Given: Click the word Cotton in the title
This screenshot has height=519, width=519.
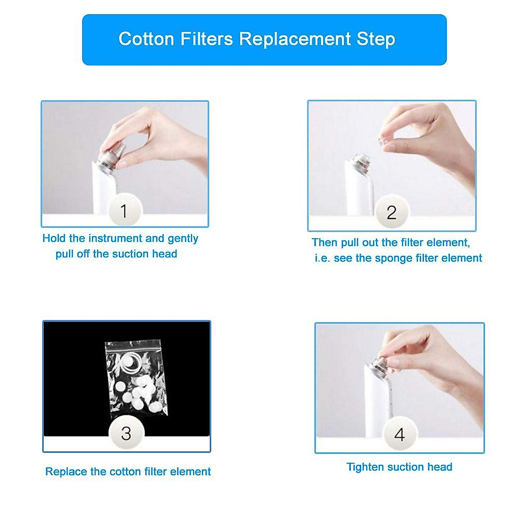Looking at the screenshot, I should (x=146, y=39).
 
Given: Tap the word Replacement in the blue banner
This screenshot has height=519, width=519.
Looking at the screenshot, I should (x=295, y=39).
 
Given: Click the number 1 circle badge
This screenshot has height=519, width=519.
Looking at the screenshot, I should (x=125, y=211).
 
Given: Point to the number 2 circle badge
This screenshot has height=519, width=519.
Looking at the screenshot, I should (x=391, y=212).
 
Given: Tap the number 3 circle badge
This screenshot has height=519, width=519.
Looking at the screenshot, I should (x=126, y=433).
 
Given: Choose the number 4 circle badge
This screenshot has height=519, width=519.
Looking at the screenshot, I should (x=400, y=434).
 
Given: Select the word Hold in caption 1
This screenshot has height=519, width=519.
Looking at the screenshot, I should (x=54, y=238).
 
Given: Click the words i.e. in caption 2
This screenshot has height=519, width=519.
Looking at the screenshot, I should (x=323, y=258).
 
